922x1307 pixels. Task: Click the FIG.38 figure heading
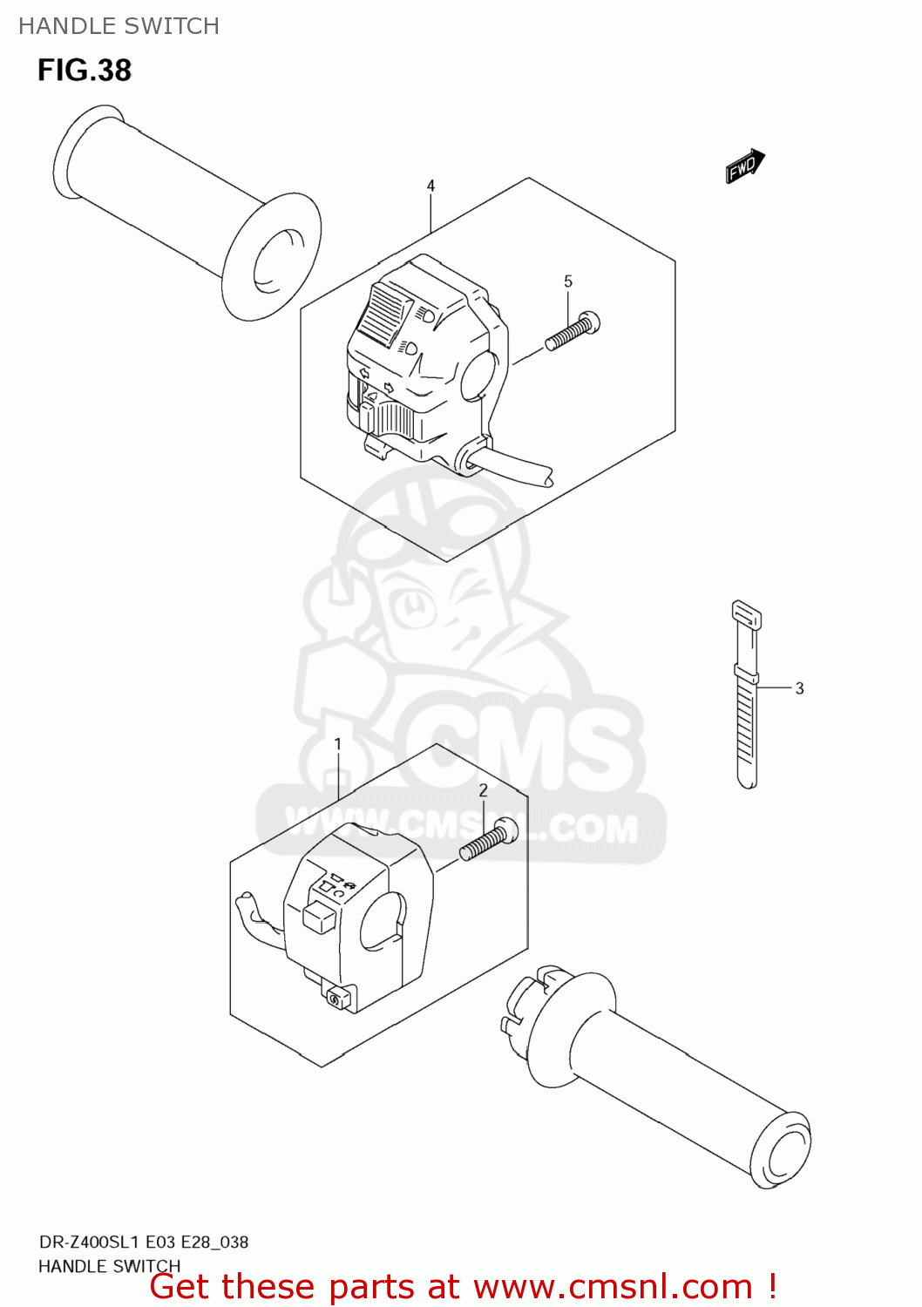(85, 71)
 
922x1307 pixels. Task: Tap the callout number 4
(430, 186)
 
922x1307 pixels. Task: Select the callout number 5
(568, 281)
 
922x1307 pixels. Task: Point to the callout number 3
(799, 688)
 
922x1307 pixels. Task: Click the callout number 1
(338, 744)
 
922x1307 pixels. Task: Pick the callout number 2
(484, 790)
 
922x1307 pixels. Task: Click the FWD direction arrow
(745, 166)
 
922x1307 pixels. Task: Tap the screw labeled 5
(573, 331)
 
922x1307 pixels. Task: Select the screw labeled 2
(488, 840)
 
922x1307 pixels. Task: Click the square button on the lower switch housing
(319, 916)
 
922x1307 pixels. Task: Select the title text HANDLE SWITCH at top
(119, 26)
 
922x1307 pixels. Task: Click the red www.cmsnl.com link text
(613, 1286)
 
